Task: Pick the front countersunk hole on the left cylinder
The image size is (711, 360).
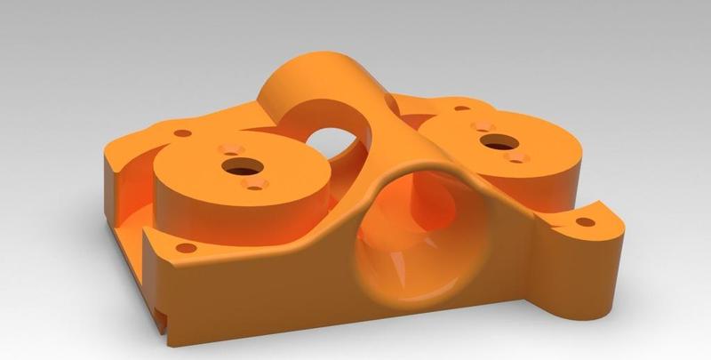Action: click(255, 183)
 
